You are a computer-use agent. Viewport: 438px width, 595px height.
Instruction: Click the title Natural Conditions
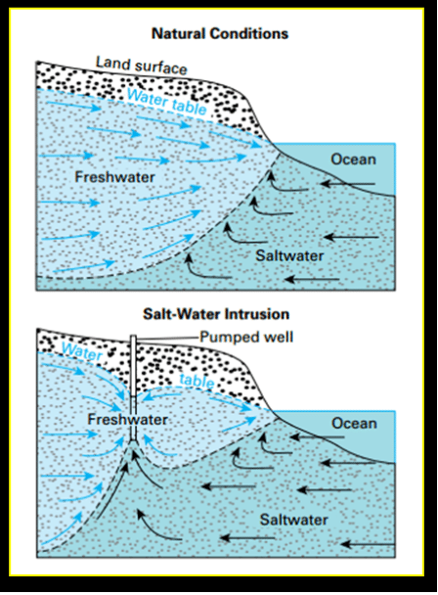pos(220,34)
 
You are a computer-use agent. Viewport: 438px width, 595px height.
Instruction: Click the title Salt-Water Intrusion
pos(216,314)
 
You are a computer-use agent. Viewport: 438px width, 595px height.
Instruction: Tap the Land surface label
pos(142,66)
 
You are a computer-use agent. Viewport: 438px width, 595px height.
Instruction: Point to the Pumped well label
pos(246,337)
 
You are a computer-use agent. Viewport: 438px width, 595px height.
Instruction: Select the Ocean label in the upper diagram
pos(354,160)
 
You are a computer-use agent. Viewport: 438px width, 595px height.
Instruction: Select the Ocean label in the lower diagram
pos(354,424)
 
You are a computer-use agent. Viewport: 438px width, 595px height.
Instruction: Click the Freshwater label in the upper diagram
pos(115,177)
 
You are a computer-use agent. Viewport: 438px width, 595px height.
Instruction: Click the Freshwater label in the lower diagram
pos(128,419)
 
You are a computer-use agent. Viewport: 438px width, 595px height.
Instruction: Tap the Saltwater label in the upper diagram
pos(289,255)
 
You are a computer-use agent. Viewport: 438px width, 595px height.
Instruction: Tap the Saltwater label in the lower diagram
pos(294,520)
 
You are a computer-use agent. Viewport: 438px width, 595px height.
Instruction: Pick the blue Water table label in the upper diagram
pos(167,102)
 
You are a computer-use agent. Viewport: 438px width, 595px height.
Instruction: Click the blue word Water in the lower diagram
pos(81,351)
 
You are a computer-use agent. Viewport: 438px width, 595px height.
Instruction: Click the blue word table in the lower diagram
pos(197,381)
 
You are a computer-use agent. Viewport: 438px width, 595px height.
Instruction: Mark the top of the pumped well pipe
pos(133,336)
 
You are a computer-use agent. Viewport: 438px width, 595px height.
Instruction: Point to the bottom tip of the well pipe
pos(133,441)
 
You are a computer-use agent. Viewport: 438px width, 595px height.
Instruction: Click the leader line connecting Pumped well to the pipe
pos(167,338)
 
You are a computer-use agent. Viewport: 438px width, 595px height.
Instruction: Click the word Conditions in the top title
pos(249,34)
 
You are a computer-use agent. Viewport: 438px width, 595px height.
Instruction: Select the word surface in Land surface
pos(161,68)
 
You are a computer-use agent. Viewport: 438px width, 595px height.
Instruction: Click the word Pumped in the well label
pos(223,338)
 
